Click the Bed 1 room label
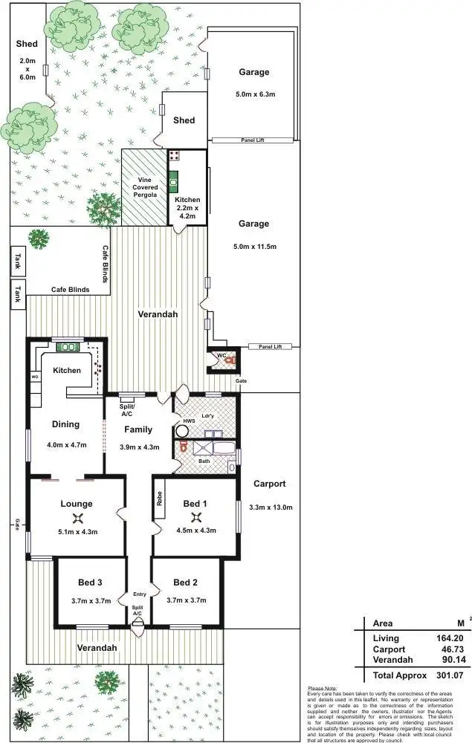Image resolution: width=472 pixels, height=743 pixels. (x=196, y=504)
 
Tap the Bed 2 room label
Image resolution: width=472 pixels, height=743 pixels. (x=186, y=582)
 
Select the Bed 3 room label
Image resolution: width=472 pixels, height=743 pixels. (x=90, y=582)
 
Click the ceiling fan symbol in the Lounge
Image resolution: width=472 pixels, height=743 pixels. (x=77, y=519)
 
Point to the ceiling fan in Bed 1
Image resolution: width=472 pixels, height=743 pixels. (x=196, y=518)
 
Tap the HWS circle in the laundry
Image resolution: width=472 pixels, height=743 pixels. (x=183, y=430)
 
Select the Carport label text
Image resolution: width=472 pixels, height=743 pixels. (x=269, y=484)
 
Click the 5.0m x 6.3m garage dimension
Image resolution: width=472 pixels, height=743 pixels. (x=254, y=94)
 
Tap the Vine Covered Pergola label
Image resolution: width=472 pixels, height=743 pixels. (x=144, y=187)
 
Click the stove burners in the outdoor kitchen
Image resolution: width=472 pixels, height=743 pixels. (x=174, y=155)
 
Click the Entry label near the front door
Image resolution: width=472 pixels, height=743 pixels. (x=140, y=594)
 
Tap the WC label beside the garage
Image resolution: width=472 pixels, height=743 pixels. (x=221, y=355)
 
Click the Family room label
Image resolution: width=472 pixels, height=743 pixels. (x=138, y=429)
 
